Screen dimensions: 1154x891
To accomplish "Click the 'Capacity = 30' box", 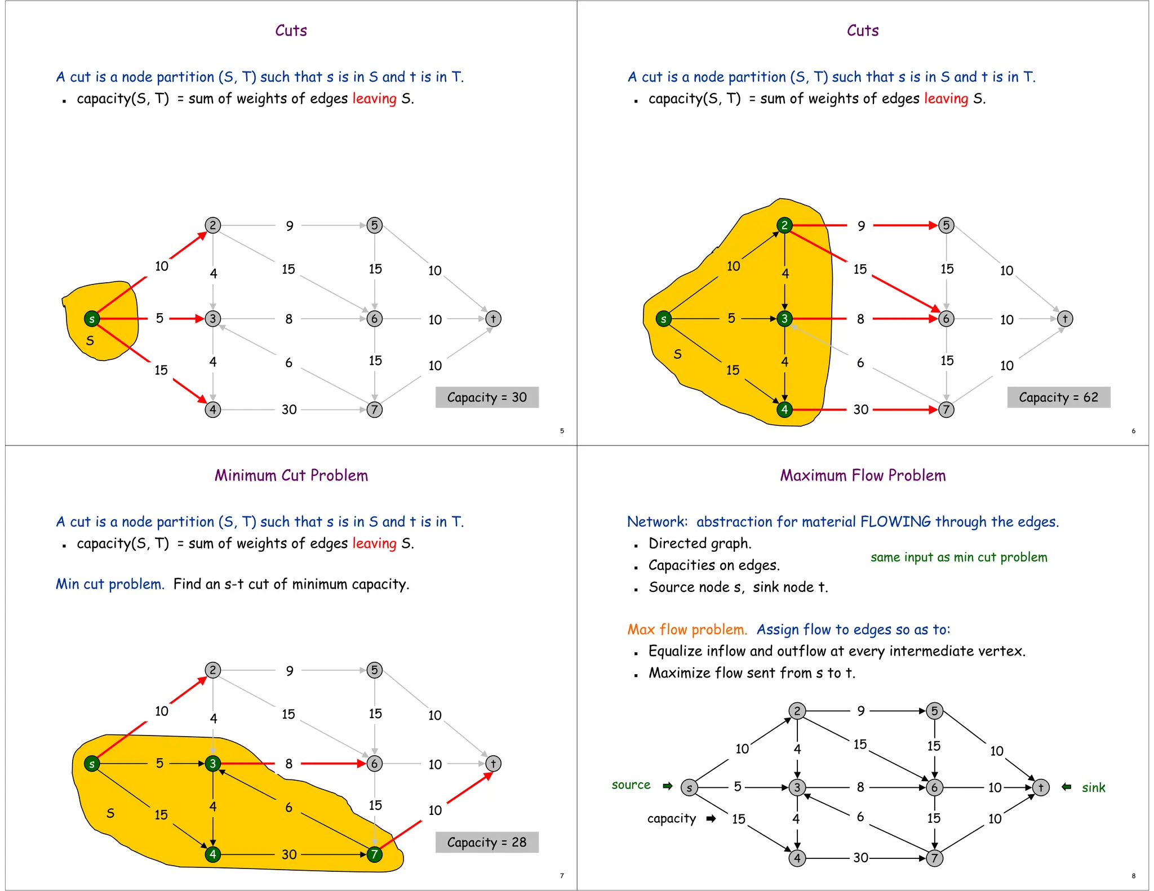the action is pyautogui.click(x=487, y=398).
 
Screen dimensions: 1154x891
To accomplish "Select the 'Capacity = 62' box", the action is pyautogui.click(x=1058, y=398).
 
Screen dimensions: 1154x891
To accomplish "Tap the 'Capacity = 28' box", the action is pyautogui.click(x=487, y=843).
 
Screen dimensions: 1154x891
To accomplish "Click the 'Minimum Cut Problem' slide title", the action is pyautogui.click(x=291, y=475).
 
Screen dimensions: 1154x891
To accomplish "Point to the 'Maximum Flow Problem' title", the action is pyautogui.click(x=863, y=475).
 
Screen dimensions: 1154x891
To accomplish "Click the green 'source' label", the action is pyautogui.click(x=631, y=785).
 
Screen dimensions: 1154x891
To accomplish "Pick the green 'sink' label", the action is pyautogui.click(x=1094, y=788).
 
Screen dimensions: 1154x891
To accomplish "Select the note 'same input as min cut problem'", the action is pyautogui.click(x=958, y=557).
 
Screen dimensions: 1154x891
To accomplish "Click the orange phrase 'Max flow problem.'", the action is pyautogui.click(x=687, y=630).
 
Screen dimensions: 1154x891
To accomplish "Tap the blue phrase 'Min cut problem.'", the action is pyautogui.click(x=110, y=584).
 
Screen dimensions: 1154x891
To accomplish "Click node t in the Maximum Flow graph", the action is pyautogui.click(x=1041, y=787).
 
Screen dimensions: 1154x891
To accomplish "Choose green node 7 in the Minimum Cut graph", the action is pyautogui.click(x=374, y=854).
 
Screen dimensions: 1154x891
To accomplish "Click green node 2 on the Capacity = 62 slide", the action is pyautogui.click(x=784, y=225).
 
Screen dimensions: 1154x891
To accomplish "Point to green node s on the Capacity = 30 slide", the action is pyautogui.click(x=92, y=319).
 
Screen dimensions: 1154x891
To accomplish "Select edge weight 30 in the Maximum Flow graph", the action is pyautogui.click(x=860, y=858).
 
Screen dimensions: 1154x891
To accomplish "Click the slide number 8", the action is pyautogui.click(x=1133, y=876).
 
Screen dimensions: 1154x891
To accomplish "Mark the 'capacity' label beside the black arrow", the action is pyautogui.click(x=672, y=818).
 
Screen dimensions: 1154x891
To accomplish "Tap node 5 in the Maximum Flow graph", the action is pyautogui.click(x=934, y=711).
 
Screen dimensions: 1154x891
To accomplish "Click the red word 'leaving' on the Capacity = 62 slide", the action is pyautogui.click(x=946, y=99).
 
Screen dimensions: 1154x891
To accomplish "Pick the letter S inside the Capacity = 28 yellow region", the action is pyautogui.click(x=110, y=813).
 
